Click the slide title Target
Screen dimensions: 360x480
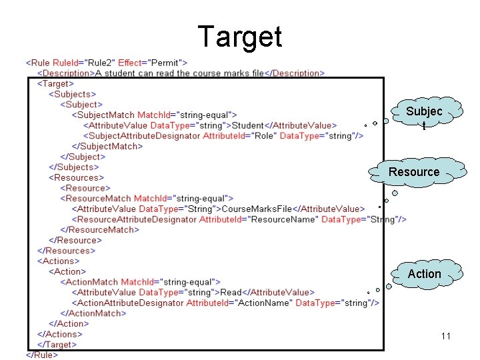(240, 37)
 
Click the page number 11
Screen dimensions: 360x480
(446, 336)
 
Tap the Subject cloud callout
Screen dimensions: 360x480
(424, 114)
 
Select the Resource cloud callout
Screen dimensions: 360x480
(414, 172)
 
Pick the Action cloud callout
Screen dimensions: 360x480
(424, 274)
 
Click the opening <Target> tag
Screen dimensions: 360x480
(55, 83)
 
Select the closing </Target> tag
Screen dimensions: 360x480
(57, 344)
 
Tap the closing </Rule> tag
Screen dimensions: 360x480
(41, 355)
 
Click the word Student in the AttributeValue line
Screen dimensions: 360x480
(247, 125)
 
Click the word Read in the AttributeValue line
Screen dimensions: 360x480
(231, 292)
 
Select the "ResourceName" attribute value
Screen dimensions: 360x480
(287, 219)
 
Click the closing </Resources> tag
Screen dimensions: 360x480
(67, 251)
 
